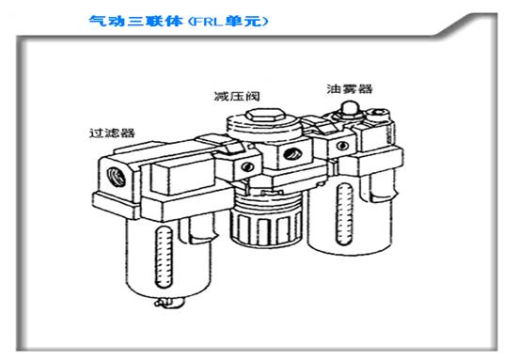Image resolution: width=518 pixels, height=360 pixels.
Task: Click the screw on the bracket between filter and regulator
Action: [x=248, y=166]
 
